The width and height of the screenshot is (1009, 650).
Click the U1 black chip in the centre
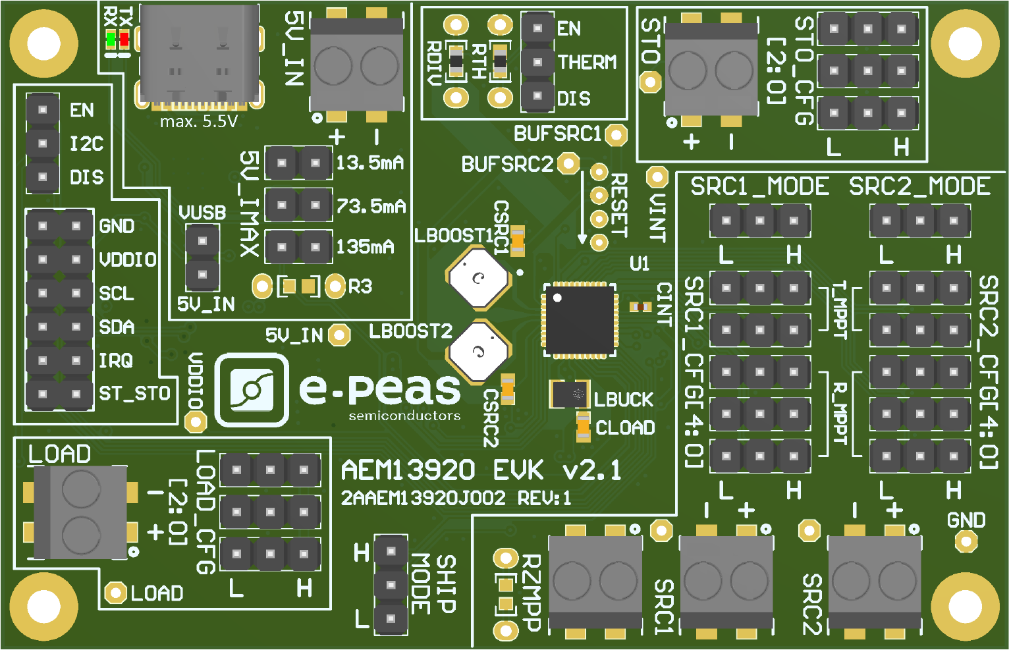click(579, 321)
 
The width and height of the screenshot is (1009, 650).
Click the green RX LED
click(111, 40)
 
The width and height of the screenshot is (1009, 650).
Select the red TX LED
click(124, 40)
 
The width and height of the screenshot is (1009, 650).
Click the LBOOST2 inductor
click(479, 352)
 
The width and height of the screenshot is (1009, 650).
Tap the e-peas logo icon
click(252, 390)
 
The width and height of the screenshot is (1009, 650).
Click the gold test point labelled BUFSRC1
click(616, 135)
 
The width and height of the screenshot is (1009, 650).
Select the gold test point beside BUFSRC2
click(568, 163)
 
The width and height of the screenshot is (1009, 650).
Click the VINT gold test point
click(657, 176)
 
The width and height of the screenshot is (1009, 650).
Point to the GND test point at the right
click(966, 541)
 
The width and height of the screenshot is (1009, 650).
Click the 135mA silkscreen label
click(365, 248)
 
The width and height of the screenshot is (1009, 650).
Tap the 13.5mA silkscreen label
click(369, 163)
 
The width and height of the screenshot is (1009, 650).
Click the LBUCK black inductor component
click(570, 394)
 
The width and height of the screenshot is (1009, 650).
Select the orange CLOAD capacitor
click(583, 427)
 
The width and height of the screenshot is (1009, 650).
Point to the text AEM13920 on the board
click(408, 470)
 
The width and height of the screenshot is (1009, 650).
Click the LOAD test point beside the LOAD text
click(116, 593)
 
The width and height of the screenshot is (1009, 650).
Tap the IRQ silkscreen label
click(116, 360)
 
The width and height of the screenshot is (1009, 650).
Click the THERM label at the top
click(587, 63)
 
